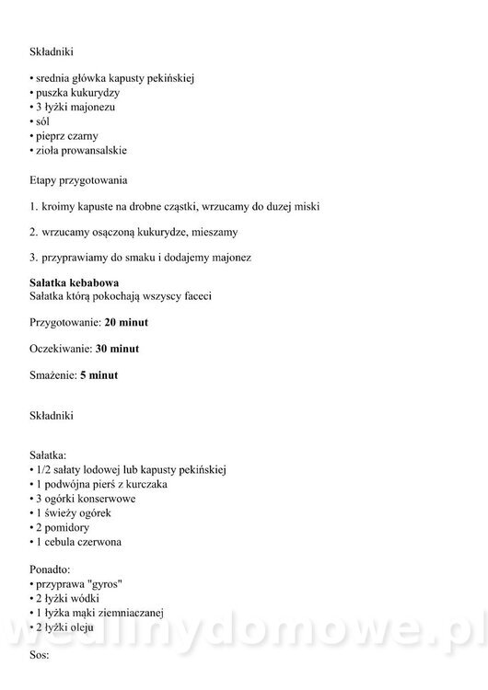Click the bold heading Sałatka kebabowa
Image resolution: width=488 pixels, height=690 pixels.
(75, 282)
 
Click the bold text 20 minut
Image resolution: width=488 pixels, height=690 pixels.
(126, 323)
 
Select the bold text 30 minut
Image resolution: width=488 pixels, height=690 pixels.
(118, 350)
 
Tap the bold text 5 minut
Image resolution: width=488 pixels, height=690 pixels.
(97, 375)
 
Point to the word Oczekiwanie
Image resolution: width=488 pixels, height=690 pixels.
(60, 350)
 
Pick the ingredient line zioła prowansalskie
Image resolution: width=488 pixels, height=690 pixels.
(81, 150)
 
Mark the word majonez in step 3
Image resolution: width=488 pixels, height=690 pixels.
(229, 257)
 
